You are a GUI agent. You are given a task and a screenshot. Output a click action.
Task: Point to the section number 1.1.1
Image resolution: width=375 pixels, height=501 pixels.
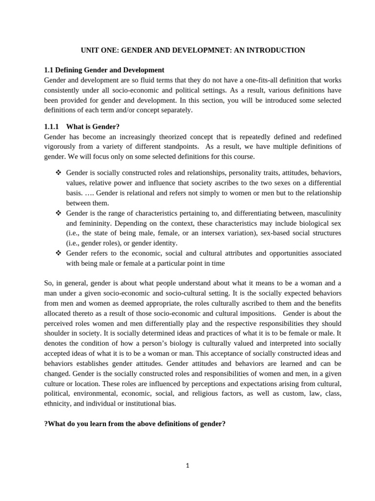pos(52,127)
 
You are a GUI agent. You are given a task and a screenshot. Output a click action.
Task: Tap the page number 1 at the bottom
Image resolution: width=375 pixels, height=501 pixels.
pos(187,466)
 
